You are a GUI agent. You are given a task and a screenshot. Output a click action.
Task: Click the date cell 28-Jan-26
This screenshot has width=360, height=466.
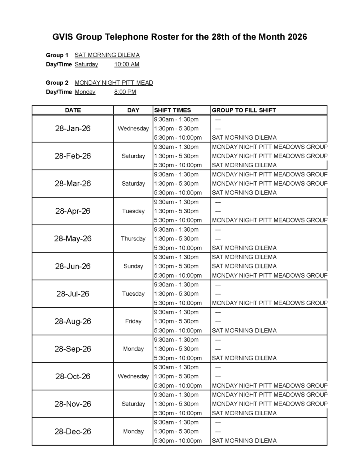tap(73, 128)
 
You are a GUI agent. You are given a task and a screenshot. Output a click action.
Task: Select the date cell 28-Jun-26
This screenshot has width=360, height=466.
tap(73, 266)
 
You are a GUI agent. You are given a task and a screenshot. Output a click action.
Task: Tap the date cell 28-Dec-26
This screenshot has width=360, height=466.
tap(73, 432)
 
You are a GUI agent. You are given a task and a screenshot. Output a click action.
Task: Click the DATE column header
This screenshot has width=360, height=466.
tap(73, 110)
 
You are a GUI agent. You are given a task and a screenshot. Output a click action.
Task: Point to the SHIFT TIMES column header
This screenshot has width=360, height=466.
tap(173, 110)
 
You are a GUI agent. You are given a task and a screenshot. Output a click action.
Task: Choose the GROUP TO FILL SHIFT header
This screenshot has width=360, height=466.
tap(244, 110)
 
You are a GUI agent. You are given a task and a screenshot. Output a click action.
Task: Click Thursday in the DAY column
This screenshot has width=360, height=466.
tap(133, 239)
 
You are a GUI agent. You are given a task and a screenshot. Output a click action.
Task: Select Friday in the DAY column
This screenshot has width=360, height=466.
tap(133, 321)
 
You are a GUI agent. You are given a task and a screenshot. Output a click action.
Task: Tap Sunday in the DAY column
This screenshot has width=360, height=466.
tap(133, 266)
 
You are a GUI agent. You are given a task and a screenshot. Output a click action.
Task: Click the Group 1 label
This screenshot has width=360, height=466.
tap(57, 55)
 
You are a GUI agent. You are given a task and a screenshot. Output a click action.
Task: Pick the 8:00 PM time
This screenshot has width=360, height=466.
tap(125, 92)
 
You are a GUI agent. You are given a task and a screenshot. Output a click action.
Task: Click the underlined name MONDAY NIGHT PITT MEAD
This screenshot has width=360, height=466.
tap(114, 83)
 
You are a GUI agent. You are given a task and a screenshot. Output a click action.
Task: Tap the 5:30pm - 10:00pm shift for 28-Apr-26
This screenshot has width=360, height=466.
tap(178, 220)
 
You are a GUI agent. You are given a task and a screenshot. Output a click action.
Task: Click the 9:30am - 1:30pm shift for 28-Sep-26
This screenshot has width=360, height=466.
tap(176, 340)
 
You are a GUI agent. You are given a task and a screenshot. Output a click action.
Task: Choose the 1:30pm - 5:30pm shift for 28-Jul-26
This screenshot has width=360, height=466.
tap(176, 294)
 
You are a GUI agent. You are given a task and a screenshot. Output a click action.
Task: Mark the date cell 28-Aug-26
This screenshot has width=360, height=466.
tap(73, 321)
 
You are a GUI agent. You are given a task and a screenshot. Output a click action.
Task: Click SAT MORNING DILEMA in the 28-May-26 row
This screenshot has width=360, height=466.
tap(244, 248)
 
